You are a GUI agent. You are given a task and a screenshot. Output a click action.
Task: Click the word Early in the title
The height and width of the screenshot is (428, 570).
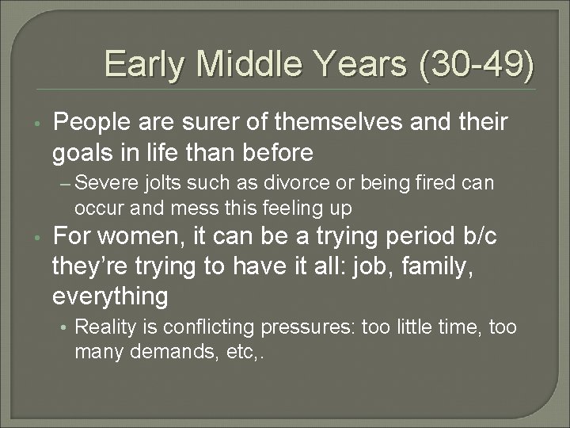[144, 63]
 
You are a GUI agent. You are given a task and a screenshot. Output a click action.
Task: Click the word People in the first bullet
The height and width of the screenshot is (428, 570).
[91, 124]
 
